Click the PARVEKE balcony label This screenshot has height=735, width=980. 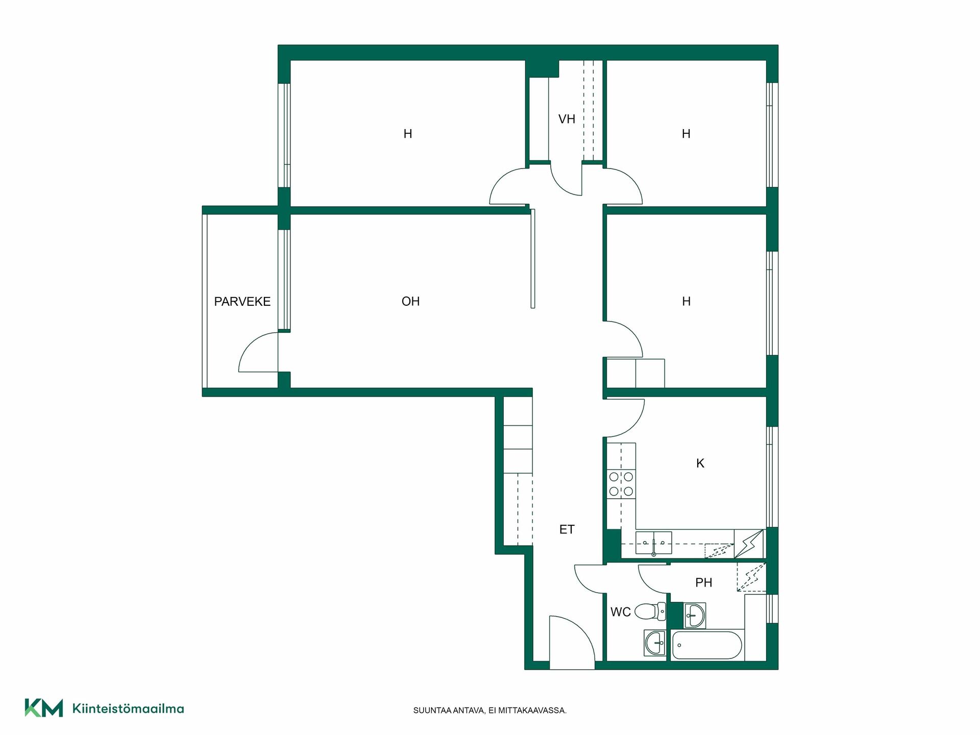coord(242,302)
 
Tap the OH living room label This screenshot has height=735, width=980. coord(410,302)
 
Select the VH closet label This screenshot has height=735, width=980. coord(567,119)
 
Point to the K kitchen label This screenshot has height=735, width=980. coord(700,463)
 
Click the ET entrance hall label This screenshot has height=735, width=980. coord(567,530)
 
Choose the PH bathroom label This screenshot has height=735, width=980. coord(704,582)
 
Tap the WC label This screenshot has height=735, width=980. coord(621,612)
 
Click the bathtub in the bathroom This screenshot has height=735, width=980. coord(707,646)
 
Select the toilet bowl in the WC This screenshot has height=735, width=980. coord(653,611)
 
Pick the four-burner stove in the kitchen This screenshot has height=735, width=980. coord(621,484)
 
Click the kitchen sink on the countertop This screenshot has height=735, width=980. coord(653,543)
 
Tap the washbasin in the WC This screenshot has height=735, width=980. coord(655,643)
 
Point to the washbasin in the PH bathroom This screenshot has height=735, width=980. coord(694,615)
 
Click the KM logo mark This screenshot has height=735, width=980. coord(44,708)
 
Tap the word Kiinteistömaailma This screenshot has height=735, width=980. coord(128,708)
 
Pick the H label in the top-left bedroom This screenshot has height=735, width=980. coord(408,134)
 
